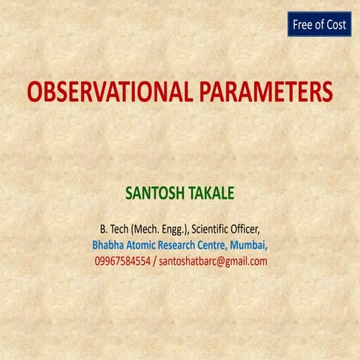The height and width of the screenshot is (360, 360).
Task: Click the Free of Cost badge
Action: coord(319,25)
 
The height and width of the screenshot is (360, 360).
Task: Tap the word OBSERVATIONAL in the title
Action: coord(112,92)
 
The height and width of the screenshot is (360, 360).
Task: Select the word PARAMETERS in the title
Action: coord(266,92)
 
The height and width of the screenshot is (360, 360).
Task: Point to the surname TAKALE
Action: coord(210,193)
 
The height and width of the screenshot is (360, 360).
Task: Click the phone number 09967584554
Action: coord(123,261)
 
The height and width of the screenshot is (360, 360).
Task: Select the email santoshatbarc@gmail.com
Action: coord(213,261)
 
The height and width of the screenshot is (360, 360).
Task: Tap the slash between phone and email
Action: coord(156,261)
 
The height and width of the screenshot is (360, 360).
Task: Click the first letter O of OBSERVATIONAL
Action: coord(35,92)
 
